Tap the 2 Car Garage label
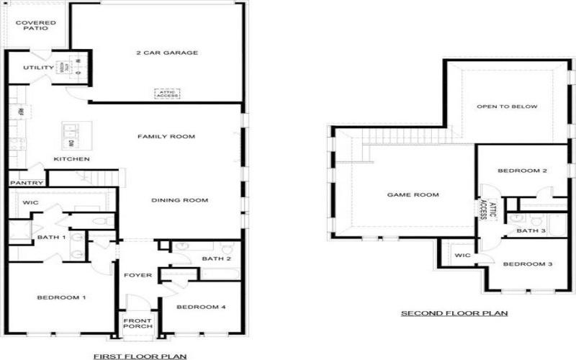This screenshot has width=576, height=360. [x=167, y=53]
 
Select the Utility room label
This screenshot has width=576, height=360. [x=38, y=68]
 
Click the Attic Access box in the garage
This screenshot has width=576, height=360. [x=167, y=94]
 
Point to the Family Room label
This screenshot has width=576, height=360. [x=166, y=137]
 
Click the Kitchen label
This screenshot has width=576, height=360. [x=72, y=159]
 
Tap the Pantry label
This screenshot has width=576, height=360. [x=26, y=183]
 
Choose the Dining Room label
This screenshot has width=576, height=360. [x=179, y=200]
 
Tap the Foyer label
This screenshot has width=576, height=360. [x=137, y=274]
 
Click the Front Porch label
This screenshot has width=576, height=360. [x=138, y=323]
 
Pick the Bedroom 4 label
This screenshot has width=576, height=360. [x=201, y=307]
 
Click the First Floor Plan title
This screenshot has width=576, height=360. [x=140, y=356]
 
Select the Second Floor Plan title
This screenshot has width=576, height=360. [x=454, y=313]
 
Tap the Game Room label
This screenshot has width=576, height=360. [x=413, y=194]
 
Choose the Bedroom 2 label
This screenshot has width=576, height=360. [x=523, y=171]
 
